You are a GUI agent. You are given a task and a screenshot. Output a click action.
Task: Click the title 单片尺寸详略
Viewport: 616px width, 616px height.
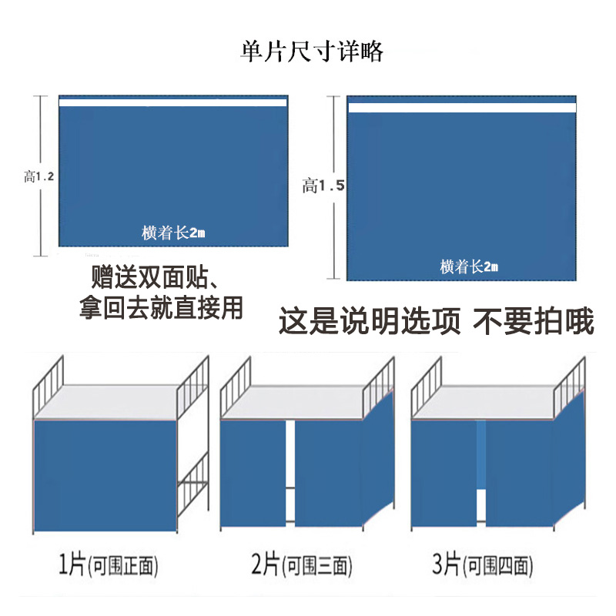311,52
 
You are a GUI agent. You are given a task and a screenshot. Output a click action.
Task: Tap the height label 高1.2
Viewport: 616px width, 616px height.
38,176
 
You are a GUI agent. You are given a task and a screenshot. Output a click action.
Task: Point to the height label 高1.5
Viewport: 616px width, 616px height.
323,186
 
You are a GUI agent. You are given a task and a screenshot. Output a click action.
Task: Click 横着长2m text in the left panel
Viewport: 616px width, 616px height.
173,232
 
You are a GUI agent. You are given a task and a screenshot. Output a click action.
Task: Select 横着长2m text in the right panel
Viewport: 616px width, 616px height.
469,266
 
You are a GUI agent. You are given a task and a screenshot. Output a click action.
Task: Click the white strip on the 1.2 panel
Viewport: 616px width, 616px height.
172,102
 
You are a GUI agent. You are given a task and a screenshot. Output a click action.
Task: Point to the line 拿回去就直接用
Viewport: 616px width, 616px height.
161,307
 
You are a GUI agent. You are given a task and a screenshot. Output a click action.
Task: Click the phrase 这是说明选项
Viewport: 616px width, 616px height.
369,321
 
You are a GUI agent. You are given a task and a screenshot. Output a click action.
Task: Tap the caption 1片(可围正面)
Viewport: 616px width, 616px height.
108,566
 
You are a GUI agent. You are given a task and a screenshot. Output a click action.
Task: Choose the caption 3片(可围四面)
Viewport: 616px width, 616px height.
492,566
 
